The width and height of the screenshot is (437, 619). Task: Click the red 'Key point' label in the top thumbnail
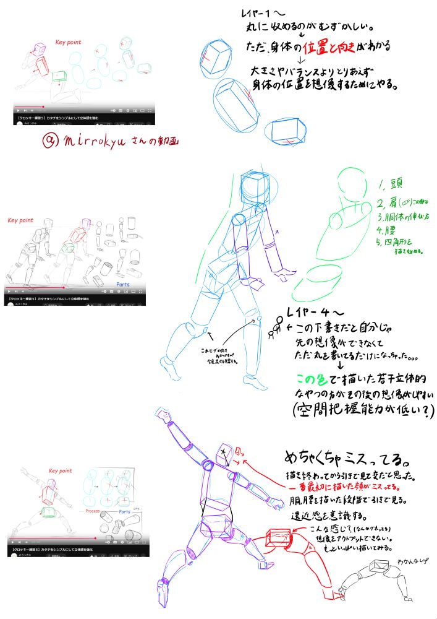pos(68,43)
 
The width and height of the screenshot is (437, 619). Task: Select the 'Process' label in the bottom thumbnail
pos(93,511)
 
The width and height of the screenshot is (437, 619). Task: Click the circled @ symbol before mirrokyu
pos(50,141)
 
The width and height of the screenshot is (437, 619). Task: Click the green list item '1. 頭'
pos(391,184)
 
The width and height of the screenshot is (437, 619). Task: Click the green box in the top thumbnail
pos(60,76)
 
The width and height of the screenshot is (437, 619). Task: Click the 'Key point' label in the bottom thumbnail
pos(61,471)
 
